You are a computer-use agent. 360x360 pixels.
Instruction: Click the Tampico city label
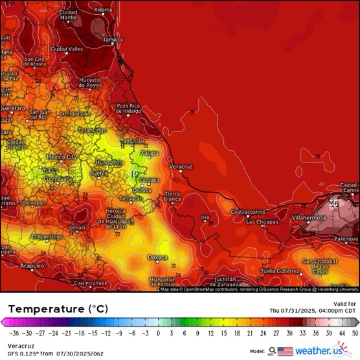coord(113,39)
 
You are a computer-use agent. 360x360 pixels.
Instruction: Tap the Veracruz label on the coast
coord(181,166)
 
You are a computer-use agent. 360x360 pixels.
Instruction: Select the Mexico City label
coord(62,157)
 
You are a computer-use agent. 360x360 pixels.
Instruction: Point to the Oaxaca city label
coord(158,257)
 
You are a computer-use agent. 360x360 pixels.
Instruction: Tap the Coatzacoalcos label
coord(249,211)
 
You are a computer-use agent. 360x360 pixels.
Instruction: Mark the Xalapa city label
coord(150,153)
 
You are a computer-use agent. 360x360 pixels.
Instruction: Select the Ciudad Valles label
coord(67,49)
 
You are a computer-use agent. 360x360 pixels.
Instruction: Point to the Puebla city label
coord(98,174)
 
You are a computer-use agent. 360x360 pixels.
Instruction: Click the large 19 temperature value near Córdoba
coord(134,174)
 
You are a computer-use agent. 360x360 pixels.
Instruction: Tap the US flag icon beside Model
coord(285,351)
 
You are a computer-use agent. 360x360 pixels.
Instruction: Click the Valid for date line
coord(313,310)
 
